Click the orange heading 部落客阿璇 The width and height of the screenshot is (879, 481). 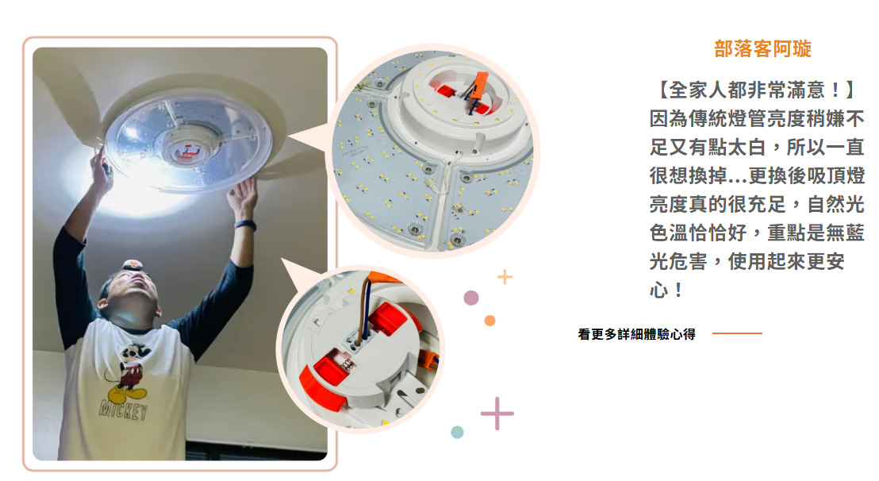click(x=762, y=48)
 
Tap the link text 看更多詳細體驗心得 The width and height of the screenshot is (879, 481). click(x=637, y=334)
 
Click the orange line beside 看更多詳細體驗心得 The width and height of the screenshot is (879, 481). click(x=737, y=333)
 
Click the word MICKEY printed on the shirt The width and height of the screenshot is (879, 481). click(x=123, y=410)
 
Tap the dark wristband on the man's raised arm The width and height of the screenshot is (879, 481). click(x=246, y=225)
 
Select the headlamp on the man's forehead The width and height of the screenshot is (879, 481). click(x=132, y=264)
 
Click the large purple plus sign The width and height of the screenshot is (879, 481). click(x=497, y=414)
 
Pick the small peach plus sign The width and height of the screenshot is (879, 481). click(x=505, y=276)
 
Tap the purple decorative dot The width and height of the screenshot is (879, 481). click(x=471, y=298)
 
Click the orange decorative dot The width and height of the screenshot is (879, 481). click(x=489, y=321)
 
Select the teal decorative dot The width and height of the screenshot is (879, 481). click(x=457, y=433)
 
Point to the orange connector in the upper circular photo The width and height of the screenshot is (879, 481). click(x=478, y=87)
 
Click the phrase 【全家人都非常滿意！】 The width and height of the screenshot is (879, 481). click(x=756, y=90)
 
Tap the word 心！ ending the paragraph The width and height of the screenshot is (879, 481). click(x=666, y=290)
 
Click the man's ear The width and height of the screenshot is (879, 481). click(x=102, y=303)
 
